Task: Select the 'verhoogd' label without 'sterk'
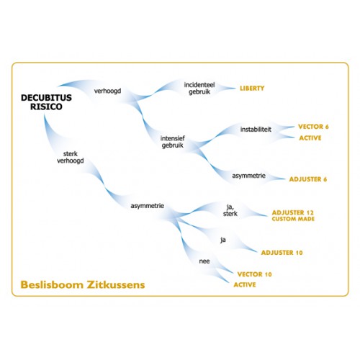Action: (107, 91)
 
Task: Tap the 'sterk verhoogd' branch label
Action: (71, 157)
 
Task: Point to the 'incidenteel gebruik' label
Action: (199, 88)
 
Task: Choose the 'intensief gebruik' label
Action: (173, 142)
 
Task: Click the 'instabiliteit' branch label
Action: (256, 130)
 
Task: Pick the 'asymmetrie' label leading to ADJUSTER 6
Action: (248, 176)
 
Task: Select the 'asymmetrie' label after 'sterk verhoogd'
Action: (148, 206)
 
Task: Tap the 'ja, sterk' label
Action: (230, 210)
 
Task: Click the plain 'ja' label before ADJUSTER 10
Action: (223, 240)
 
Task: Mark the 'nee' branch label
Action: (204, 261)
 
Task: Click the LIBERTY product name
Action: (252, 89)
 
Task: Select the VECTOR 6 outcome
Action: (313, 127)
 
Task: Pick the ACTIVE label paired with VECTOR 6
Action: (310, 138)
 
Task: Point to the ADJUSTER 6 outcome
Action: (308, 179)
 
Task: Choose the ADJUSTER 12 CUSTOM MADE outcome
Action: (293, 215)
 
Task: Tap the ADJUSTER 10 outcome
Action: (282, 253)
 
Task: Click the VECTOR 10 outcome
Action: (254, 274)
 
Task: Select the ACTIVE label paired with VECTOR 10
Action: (245, 284)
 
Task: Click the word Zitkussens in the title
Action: (116, 284)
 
